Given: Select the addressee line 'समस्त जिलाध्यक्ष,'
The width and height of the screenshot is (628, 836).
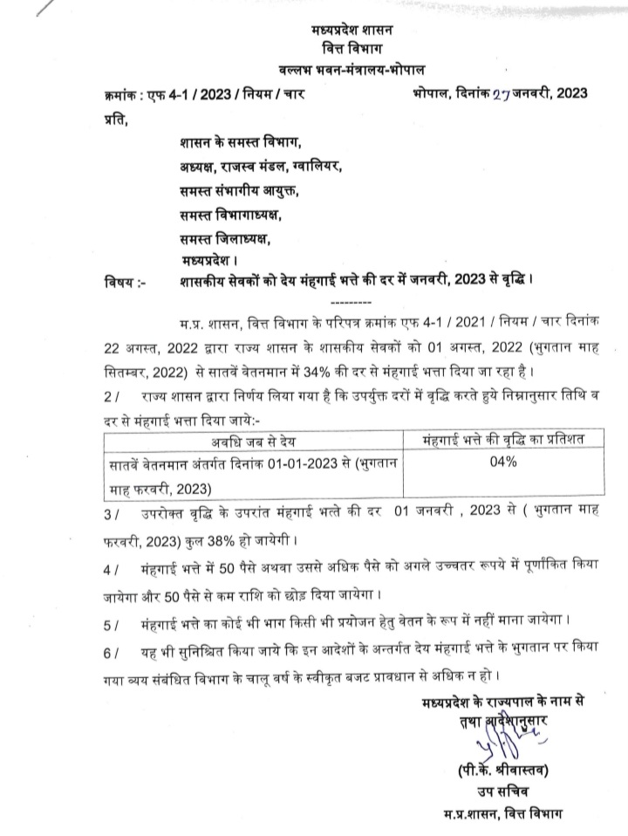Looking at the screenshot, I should click(x=225, y=238).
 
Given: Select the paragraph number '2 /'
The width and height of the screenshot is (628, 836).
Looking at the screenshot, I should click(x=112, y=396).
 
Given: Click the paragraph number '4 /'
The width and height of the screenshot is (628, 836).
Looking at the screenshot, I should click(x=112, y=570).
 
